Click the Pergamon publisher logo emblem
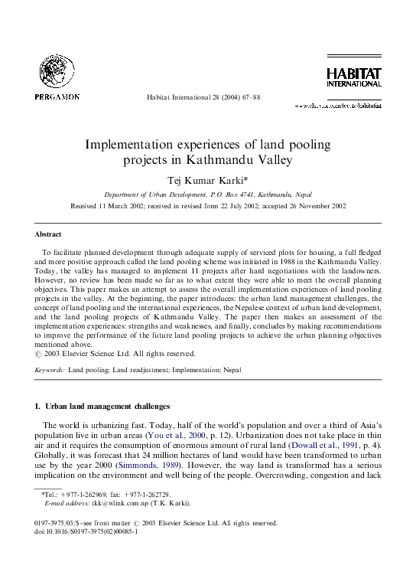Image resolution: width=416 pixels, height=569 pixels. tap(57, 74)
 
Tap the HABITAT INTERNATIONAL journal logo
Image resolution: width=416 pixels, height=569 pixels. tap(354, 77)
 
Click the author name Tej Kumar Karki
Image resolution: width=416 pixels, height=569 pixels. tap(206, 179)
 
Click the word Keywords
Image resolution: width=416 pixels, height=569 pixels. tap(50, 370)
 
